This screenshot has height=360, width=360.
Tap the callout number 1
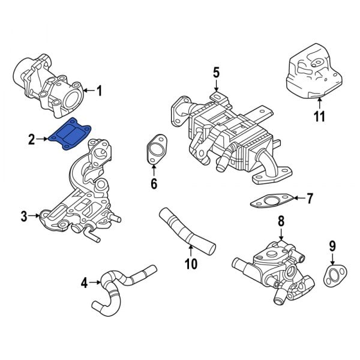pos(100,91)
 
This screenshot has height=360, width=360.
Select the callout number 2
pos(31,140)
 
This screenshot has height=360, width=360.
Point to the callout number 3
pos(24,216)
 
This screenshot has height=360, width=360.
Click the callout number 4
pos(83,282)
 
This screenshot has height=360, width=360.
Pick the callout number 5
pos(216,73)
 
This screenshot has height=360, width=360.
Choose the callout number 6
pos(154,184)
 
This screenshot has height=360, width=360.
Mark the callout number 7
pos(310,197)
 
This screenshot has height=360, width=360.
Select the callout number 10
pos(191,263)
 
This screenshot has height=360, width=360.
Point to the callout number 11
pos(320,116)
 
